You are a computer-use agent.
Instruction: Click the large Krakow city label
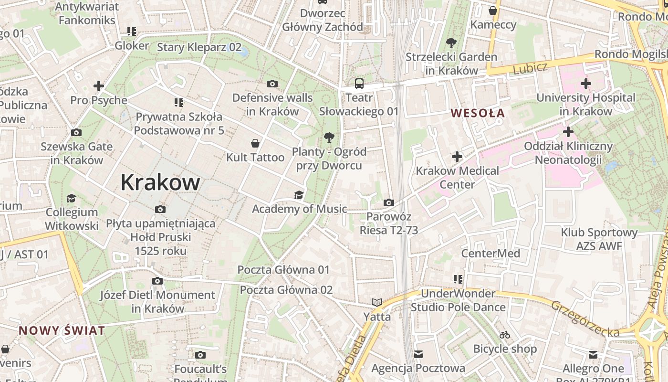coord(160,182)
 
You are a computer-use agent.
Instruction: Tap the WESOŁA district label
coord(478,113)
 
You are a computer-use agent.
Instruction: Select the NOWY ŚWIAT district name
coord(62,330)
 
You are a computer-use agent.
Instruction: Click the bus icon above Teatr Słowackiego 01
coord(359,84)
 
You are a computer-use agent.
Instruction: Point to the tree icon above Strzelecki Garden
coord(451,43)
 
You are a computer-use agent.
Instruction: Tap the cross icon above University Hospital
coord(585,84)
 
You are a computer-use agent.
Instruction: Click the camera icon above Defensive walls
coord(272,84)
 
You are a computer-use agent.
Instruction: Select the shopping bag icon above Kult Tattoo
coord(255,143)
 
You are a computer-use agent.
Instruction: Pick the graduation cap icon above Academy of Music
coord(299,195)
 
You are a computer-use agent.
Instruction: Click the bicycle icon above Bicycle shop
coord(505,335)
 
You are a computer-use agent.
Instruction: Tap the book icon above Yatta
coord(377,302)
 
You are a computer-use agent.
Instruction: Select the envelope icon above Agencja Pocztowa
coord(418,354)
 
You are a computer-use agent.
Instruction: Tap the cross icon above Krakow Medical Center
coord(457,157)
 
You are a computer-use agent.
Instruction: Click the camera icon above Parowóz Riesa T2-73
coord(389,202)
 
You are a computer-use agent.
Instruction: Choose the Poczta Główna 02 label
coord(286,290)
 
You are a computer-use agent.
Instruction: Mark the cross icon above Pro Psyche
coord(99,86)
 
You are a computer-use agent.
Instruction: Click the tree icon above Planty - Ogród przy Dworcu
coord(329,138)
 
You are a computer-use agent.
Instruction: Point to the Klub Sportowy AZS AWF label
coord(599,239)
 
